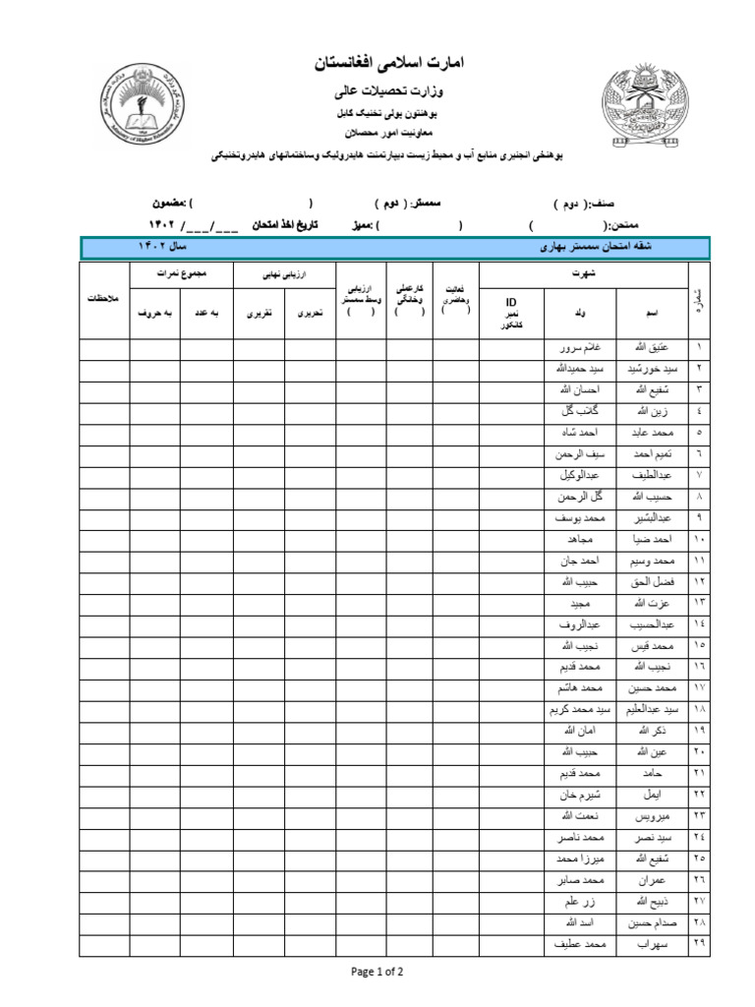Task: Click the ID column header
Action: click(510, 302)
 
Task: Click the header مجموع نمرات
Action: click(180, 272)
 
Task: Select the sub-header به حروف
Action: click(153, 313)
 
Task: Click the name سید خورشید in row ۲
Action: click(653, 368)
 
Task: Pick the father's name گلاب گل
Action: click(581, 410)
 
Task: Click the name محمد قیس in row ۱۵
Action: click(653, 645)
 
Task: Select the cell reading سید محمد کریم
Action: click(581, 709)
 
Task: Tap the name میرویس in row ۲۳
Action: click(653, 816)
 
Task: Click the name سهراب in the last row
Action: click(653, 944)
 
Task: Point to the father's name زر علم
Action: click(581, 902)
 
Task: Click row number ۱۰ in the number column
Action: click(699, 539)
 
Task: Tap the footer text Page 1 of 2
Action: click(377, 972)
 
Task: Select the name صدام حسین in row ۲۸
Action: click(653, 922)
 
